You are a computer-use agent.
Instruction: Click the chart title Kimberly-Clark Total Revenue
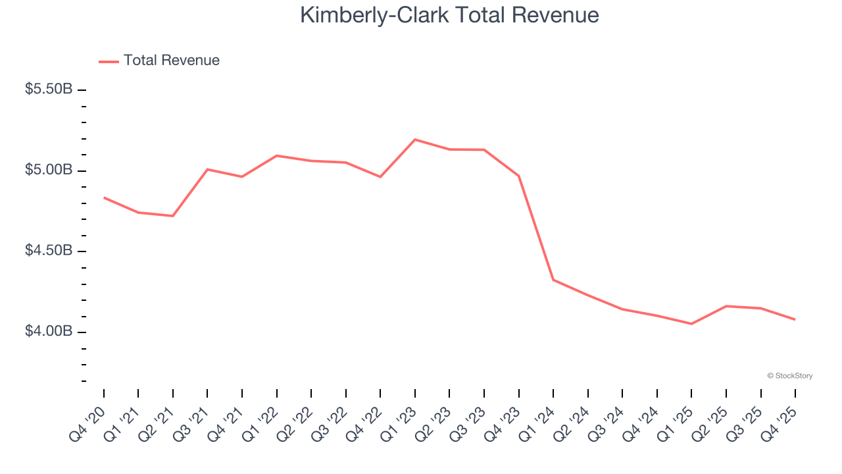click(x=449, y=15)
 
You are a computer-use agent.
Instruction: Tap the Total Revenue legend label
click(x=171, y=61)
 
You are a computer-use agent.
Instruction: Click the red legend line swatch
click(x=109, y=61)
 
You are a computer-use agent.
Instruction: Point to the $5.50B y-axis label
click(x=48, y=89)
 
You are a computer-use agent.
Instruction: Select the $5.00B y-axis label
click(x=48, y=170)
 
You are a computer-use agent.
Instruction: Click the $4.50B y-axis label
click(x=48, y=251)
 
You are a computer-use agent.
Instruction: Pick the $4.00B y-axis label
click(x=48, y=331)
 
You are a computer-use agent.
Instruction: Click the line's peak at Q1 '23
click(x=415, y=140)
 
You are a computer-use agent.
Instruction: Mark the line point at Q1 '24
click(x=553, y=280)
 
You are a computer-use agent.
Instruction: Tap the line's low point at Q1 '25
click(x=691, y=323)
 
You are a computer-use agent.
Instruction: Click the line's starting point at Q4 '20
click(x=104, y=197)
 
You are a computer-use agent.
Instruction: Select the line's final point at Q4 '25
click(x=795, y=319)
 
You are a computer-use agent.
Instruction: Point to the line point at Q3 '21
click(x=207, y=169)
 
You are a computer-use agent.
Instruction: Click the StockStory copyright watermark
click(x=789, y=376)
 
